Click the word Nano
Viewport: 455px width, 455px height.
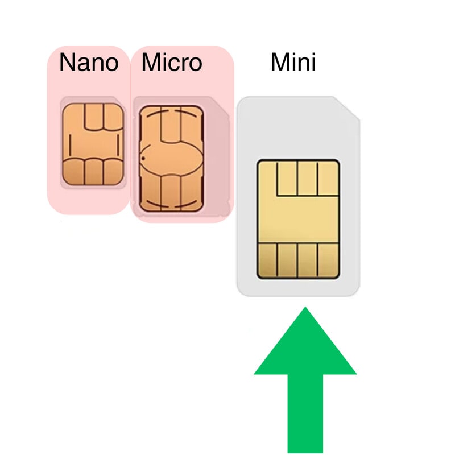(x=89, y=63)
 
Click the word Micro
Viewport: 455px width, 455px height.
(x=172, y=63)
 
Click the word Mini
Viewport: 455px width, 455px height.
(x=293, y=63)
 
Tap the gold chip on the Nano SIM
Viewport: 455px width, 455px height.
(x=93, y=144)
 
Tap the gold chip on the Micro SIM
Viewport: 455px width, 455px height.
(x=171, y=159)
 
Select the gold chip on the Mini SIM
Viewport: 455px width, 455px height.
(x=299, y=219)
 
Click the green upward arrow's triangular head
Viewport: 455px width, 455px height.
(x=305, y=347)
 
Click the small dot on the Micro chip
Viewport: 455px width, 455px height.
(x=143, y=158)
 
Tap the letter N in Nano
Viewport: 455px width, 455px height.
(x=68, y=63)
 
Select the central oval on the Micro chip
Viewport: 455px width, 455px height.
(x=171, y=158)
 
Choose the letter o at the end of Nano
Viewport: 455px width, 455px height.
(x=111, y=64)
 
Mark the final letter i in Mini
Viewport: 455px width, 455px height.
(x=312, y=63)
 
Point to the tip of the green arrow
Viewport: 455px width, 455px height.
(x=305, y=309)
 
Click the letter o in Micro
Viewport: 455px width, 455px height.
(x=195, y=64)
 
